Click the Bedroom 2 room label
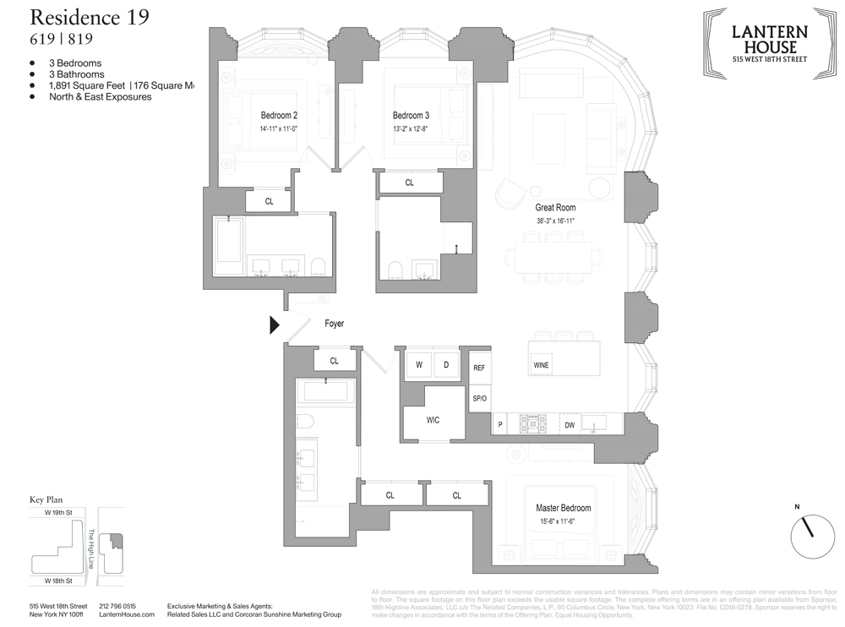(x=279, y=115)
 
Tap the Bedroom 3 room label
(x=411, y=115)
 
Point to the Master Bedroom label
(x=564, y=508)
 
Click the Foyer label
(x=334, y=324)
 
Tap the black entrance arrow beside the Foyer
(x=275, y=324)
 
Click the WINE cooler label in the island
(x=542, y=364)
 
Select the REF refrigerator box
(x=480, y=368)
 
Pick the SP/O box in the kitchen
(x=480, y=397)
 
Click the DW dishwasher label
(x=570, y=425)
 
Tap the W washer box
(x=417, y=365)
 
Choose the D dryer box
(x=446, y=365)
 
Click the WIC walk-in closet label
(x=433, y=420)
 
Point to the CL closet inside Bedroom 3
(x=410, y=183)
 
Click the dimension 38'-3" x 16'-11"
(x=555, y=221)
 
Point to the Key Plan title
(x=46, y=499)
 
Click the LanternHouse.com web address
(x=123, y=614)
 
